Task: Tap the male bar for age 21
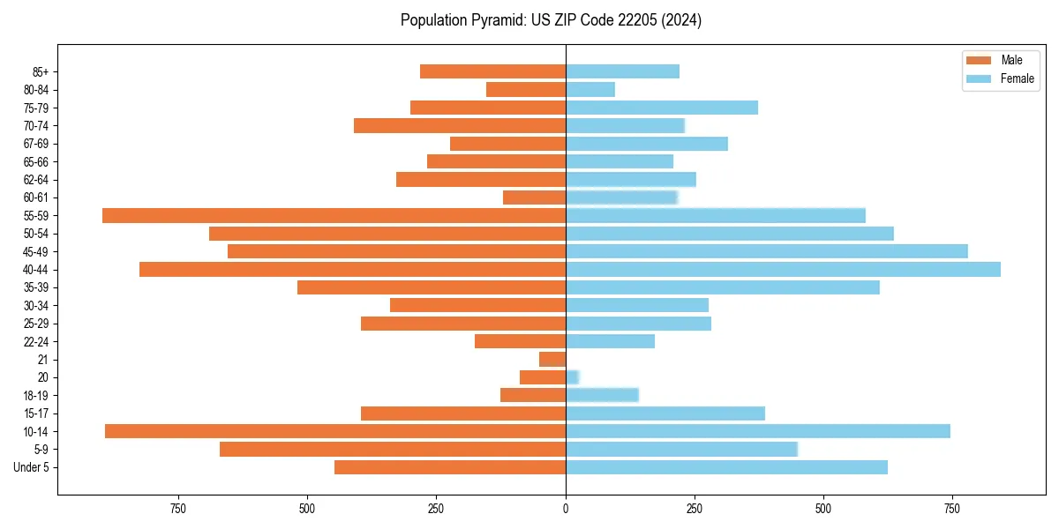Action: pos(552,359)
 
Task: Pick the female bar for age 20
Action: pos(572,377)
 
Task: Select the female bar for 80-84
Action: pos(590,89)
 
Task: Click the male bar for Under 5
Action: pos(450,467)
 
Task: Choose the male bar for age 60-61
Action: pos(534,197)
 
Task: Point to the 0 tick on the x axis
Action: pos(566,509)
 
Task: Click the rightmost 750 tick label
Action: pos(951,509)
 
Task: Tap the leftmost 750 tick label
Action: pos(178,509)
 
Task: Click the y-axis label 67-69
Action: pos(36,144)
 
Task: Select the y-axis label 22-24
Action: pos(36,341)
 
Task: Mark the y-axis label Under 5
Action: pos(32,467)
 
